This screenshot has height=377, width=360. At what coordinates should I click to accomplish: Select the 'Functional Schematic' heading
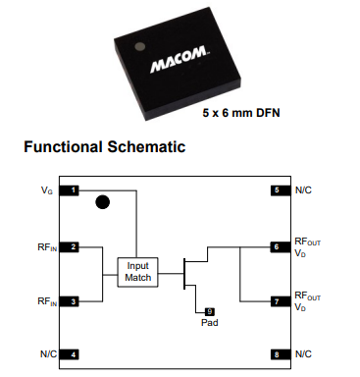click(97, 148)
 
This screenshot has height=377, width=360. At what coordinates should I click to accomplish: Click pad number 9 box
click(209, 311)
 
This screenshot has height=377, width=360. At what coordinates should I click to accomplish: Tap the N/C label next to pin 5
click(304, 189)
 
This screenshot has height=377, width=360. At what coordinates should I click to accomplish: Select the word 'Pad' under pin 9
click(209, 323)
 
